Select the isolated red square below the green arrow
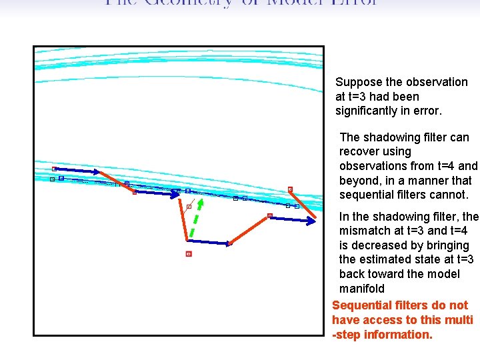pyautogui.click(x=189, y=254)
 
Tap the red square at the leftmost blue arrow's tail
pyautogui.click(x=55, y=169)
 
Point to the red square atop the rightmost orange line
pyautogui.click(x=290, y=189)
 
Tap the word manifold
pyautogui.click(x=362, y=289)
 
